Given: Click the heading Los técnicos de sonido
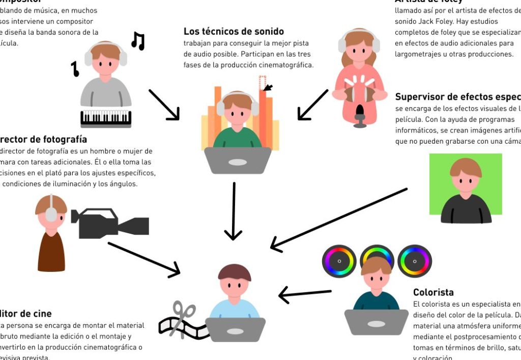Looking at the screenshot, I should pos(234,32).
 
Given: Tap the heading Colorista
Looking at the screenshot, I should pos(433,292).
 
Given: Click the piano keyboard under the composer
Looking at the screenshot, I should pos(106,118).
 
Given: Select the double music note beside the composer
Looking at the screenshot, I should pos(138,41).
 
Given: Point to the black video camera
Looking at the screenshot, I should pos(109,223).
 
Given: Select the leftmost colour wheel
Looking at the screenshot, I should pos(339,261).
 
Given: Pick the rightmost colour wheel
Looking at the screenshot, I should pos(415,261).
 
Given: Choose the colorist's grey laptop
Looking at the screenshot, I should pos(376,322).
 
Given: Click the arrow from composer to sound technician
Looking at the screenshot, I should pos(164,105).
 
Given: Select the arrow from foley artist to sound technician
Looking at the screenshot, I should pos(313,105).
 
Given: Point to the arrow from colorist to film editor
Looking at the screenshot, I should pos(305,294).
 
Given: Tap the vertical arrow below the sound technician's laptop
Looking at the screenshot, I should pos(233,211).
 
